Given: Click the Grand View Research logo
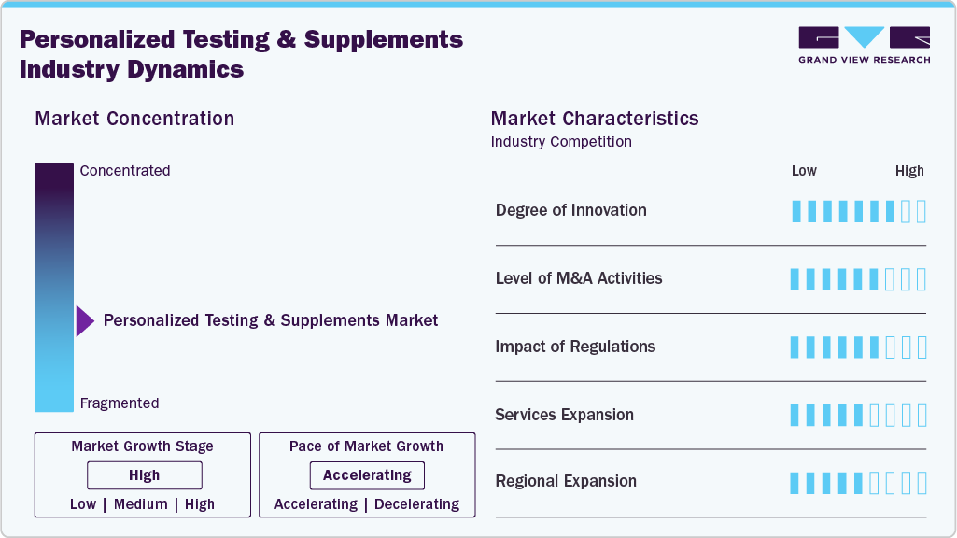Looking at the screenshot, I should point(864,45).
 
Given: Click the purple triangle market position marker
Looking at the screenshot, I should point(85,321).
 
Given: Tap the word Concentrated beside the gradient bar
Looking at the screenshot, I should point(125,171).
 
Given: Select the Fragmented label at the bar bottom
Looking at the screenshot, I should point(120,403).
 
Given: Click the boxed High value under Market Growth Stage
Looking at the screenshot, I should point(144,475).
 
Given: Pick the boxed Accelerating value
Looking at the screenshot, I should point(367,475).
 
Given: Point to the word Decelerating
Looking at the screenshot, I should point(416,504).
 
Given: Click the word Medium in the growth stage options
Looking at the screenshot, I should point(141,504).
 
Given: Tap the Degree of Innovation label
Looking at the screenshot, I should point(570,210).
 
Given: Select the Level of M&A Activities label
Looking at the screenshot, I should point(578,278).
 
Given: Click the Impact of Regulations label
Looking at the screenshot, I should point(575,347).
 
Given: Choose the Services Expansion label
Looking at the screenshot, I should point(564,415).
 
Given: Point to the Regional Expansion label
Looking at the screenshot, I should point(566,482).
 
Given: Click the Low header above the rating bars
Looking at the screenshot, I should point(804,171).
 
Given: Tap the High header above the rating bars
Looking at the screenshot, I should point(909,171).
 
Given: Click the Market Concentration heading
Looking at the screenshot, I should point(134,119).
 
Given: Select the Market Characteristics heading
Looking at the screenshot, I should point(594,119).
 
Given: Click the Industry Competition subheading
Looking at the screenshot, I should point(561,142).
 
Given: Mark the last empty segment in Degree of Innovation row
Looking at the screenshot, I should point(922,211).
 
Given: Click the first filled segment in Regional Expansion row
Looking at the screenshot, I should point(795,483).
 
